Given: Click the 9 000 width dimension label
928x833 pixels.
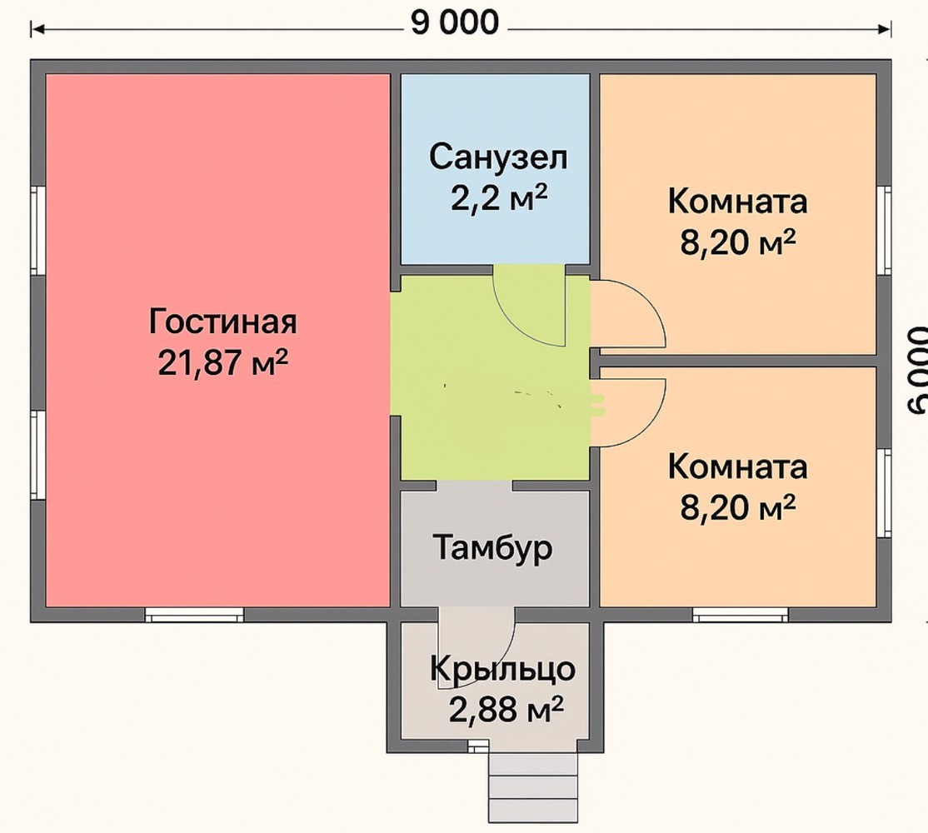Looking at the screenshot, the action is [455, 23].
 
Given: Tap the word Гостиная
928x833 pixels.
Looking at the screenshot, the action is [222, 322].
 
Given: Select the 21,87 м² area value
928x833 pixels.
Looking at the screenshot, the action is [222, 362].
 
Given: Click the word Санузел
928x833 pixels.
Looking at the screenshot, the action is [498, 158].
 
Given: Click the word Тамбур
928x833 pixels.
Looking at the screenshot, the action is [493, 548].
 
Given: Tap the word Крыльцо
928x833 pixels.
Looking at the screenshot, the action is [502, 670].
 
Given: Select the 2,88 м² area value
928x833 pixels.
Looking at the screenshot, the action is [506, 710].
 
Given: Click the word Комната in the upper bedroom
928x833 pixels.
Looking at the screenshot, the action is [737, 201].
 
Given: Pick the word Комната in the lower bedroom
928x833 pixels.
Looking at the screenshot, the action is [737, 466].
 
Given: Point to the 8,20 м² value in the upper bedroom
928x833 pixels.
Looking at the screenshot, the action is [737, 242].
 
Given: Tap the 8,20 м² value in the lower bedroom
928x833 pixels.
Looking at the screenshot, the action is [737, 507].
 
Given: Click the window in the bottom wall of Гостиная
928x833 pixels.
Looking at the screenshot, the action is [195, 615].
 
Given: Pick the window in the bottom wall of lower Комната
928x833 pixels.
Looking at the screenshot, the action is [741, 615].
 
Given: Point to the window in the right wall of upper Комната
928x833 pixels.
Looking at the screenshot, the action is [884, 230].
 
